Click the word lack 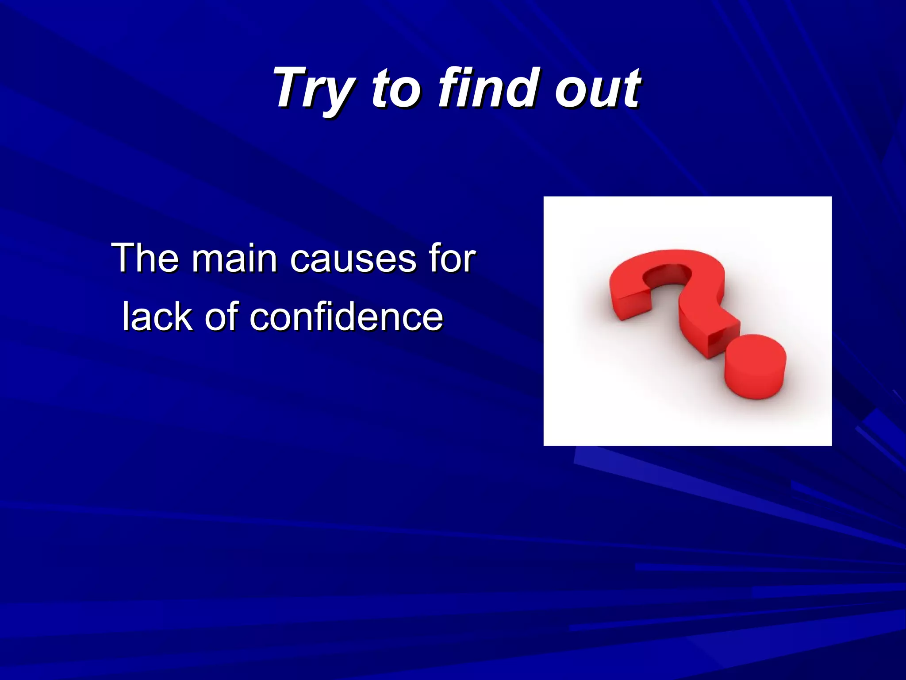pos(157,316)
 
